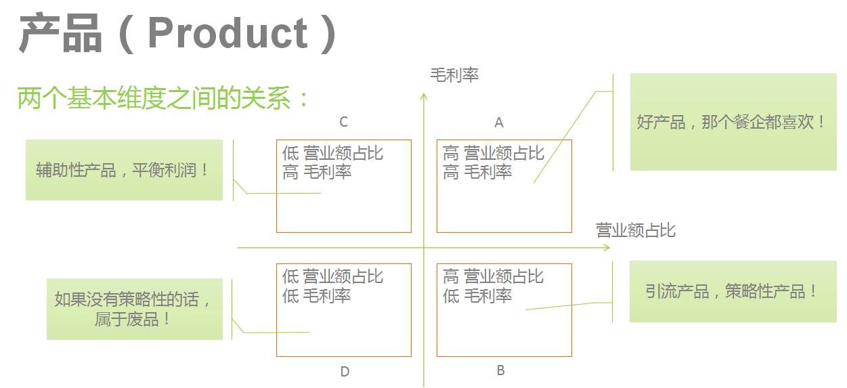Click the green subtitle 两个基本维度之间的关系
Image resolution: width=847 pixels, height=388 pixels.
(x=162, y=99)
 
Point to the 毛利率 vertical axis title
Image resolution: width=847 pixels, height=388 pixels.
(x=454, y=75)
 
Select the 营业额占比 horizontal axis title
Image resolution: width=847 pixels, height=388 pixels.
(x=635, y=230)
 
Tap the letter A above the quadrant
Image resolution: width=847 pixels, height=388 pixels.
(x=499, y=123)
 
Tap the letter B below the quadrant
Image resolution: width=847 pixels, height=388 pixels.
(x=500, y=370)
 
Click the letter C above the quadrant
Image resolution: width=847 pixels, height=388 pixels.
(x=344, y=122)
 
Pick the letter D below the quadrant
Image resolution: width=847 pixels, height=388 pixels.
(x=345, y=372)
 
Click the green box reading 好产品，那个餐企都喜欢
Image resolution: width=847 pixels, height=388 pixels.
(x=733, y=122)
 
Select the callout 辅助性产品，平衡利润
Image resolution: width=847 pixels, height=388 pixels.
(x=124, y=170)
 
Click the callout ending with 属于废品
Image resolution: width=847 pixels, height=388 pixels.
(x=134, y=309)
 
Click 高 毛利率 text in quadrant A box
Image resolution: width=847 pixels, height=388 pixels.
(x=477, y=173)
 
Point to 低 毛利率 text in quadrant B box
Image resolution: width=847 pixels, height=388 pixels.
(x=477, y=296)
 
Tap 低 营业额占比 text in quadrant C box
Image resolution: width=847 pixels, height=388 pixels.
(x=332, y=153)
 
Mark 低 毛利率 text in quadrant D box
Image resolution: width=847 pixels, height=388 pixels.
(x=316, y=296)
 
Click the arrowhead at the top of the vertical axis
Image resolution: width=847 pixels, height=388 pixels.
(x=424, y=96)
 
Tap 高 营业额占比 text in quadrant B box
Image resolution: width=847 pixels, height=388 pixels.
(x=494, y=276)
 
